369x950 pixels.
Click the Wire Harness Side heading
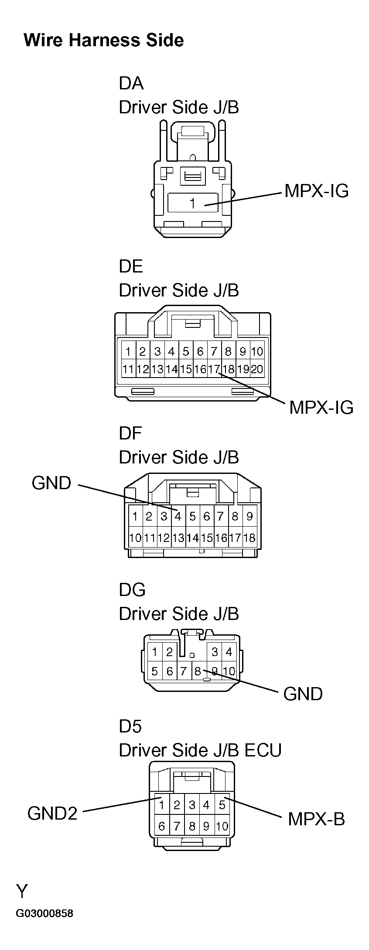coord(103,40)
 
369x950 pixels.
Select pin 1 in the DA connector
coord(192,203)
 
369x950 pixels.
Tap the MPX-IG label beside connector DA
coord(316,191)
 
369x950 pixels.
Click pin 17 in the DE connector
coord(214,369)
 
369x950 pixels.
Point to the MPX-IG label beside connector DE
coord(321,408)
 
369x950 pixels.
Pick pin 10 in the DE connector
coord(257,351)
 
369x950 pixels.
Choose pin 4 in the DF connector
coord(178,517)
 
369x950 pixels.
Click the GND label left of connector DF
coord(51,483)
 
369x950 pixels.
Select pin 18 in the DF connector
coord(249,538)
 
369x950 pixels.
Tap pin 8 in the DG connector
coord(198,671)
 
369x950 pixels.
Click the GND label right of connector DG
coord(303,694)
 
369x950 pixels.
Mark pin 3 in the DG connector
coord(215,652)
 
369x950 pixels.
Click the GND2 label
coord(52,813)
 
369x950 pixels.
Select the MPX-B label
coord(316,819)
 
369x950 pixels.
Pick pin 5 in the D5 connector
coord(222,804)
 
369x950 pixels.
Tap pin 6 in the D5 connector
coord(161,826)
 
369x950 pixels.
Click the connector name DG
coord(132,590)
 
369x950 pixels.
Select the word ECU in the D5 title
coord(263,750)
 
